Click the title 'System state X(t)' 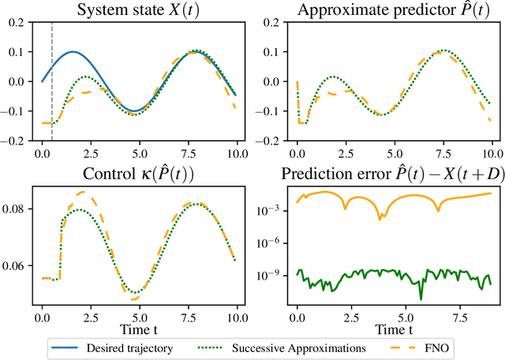(137, 11)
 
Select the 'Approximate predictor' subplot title (392, 11)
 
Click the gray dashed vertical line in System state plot (52, 79)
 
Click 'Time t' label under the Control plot (137, 325)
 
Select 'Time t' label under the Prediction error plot (392, 325)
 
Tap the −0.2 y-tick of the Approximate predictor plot (271, 140)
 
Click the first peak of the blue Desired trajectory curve (73, 52)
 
